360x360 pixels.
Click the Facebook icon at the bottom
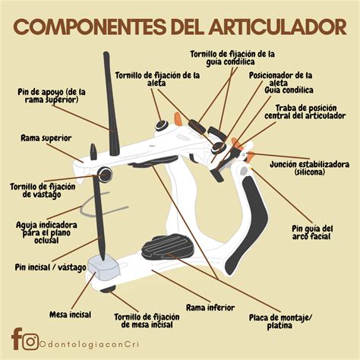(x=16, y=339)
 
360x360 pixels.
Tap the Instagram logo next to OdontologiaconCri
(x=30, y=342)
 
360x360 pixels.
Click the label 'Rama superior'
(x=46, y=138)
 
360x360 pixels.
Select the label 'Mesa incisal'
(x=70, y=314)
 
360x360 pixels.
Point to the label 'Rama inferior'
(x=210, y=308)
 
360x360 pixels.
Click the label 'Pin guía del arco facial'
(x=312, y=232)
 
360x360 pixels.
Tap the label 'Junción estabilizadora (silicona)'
(x=309, y=168)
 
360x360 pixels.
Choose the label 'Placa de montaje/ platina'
(x=280, y=321)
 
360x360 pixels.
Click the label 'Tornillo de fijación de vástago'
(x=43, y=191)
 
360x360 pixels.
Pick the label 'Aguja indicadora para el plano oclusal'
(x=46, y=232)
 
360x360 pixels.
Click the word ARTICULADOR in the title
(x=277, y=27)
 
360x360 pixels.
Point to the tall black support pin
(x=111, y=104)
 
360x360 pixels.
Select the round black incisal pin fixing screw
(x=105, y=174)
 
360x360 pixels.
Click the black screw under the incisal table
(x=108, y=289)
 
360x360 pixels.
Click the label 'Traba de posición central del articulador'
(x=305, y=112)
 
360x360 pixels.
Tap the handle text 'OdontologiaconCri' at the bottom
(x=89, y=344)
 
